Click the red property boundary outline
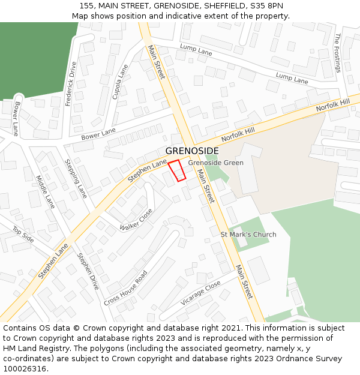pos(176,170)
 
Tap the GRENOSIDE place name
pos(192,151)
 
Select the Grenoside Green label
pos(215,163)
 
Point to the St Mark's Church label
pos(248,234)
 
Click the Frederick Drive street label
pos(71,84)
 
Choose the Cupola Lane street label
pos(121,82)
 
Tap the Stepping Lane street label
pos(76,178)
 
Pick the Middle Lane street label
pos(45,191)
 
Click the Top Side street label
pos(23,233)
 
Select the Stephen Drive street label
pos(88,271)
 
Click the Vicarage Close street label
pos(200,294)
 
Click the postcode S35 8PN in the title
pos(267,6)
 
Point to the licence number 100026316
pos(25,369)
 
